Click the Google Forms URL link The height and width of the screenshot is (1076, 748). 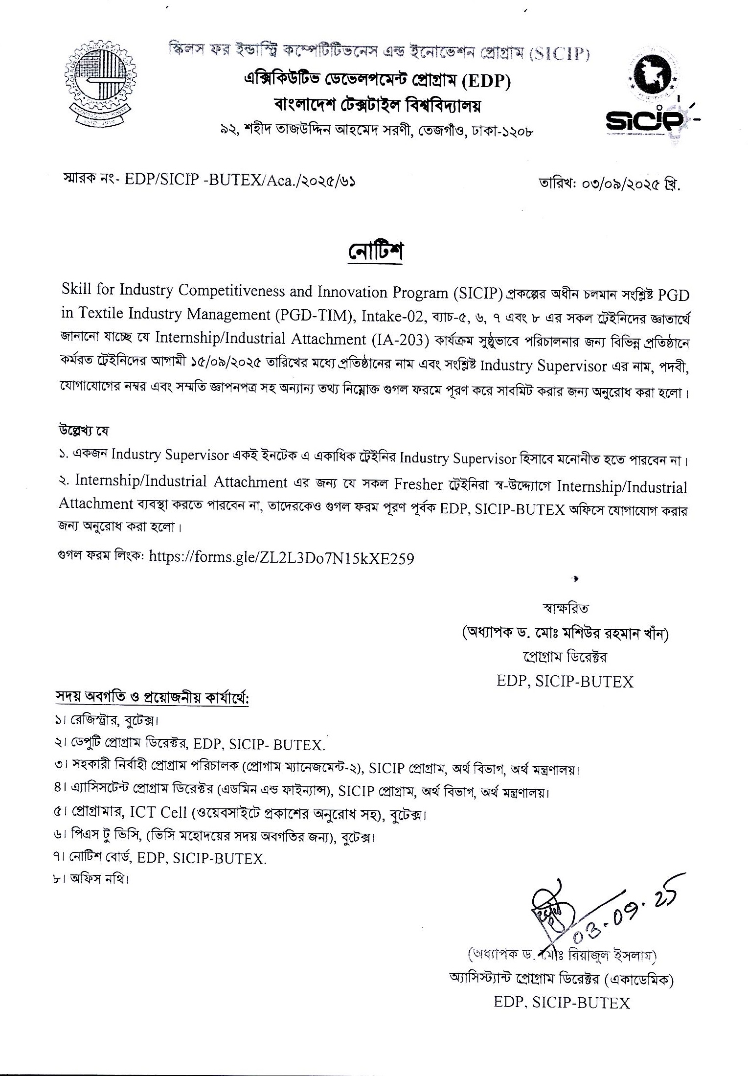pos(281,558)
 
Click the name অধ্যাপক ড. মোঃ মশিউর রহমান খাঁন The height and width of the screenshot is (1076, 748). pos(565,634)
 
